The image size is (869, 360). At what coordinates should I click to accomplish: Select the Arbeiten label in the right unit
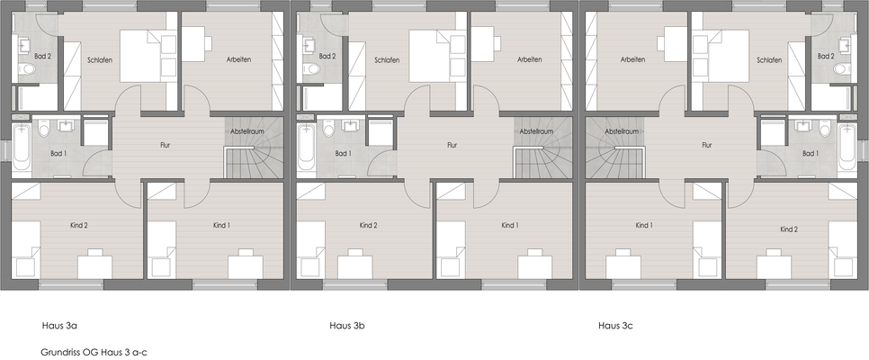(x=633, y=59)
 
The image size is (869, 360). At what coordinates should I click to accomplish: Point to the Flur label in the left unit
(x=165, y=144)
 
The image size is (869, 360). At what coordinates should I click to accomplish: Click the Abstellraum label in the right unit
(x=622, y=131)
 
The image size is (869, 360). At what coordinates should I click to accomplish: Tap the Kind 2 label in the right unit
(x=790, y=229)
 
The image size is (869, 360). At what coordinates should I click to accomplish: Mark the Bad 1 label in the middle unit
(x=343, y=154)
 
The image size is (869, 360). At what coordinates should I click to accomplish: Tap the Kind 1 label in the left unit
(x=220, y=224)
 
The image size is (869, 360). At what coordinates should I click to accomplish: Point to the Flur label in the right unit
(x=706, y=144)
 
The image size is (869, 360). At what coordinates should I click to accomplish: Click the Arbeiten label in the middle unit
(x=529, y=59)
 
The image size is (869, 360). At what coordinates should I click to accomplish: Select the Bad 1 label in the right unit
(x=811, y=154)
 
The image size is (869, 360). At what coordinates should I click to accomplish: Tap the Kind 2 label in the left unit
(x=78, y=224)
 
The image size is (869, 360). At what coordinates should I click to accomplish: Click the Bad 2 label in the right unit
(x=826, y=57)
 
